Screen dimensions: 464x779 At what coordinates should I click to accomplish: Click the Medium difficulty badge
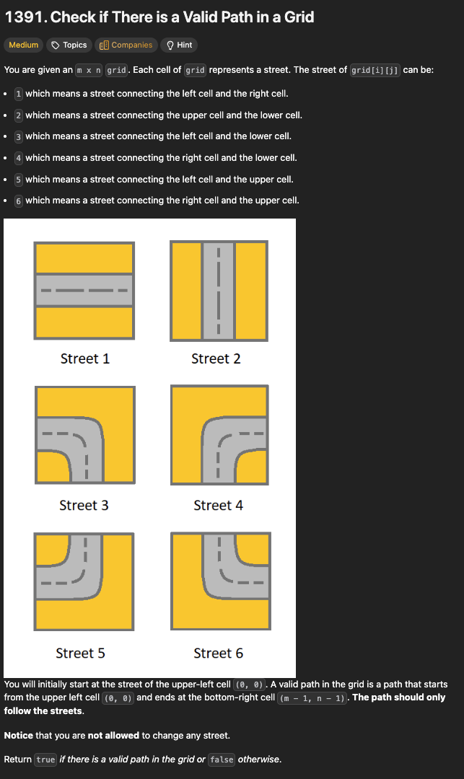(23, 45)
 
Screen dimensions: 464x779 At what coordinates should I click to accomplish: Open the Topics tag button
(69, 45)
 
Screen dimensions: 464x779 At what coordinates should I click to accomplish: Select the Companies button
(126, 45)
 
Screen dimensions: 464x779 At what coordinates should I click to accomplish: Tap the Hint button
(179, 45)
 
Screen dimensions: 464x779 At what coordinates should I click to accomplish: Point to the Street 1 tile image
(84, 291)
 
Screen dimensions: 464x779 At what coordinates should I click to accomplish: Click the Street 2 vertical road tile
(219, 291)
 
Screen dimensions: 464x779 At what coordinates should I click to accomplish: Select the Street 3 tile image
(85, 435)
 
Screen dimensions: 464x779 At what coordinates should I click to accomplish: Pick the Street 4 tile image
(219, 435)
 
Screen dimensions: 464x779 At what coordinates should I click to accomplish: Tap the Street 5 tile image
(84, 581)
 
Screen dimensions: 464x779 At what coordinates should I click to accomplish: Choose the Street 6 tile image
(221, 581)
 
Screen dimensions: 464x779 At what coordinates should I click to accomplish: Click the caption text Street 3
(84, 505)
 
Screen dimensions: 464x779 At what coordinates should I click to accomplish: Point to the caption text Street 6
(219, 653)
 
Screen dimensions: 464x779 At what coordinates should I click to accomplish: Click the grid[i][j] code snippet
(375, 70)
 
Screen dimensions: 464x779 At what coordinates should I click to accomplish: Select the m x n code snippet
(89, 70)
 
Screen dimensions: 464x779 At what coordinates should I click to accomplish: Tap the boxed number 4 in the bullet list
(18, 158)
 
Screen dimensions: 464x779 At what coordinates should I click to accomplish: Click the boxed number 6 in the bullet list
(18, 201)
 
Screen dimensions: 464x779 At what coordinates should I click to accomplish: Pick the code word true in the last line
(45, 760)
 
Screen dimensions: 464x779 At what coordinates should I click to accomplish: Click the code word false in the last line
(222, 760)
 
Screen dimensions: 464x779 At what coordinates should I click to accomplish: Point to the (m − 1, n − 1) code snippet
(312, 698)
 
